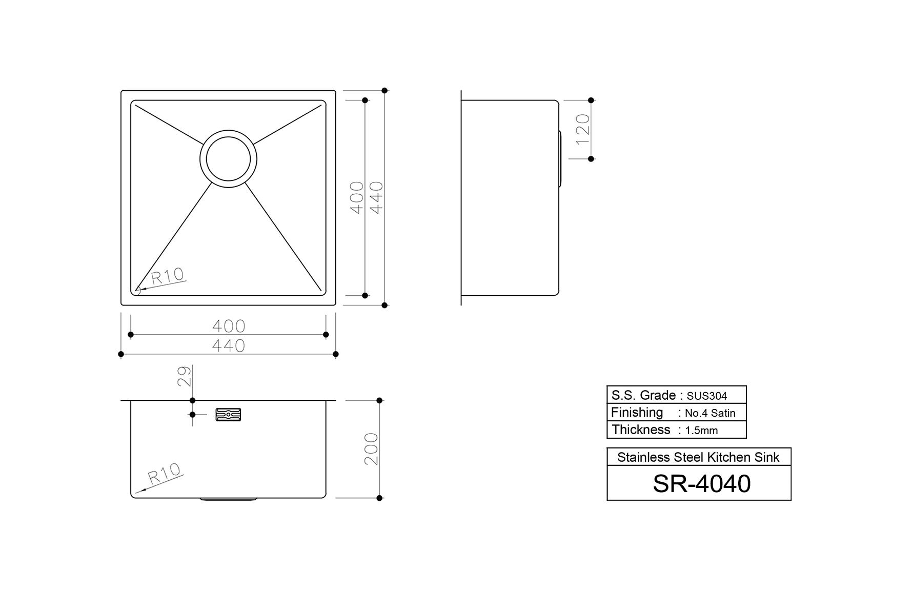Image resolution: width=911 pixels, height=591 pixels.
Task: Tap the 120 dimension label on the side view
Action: pyautogui.click(x=583, y=129)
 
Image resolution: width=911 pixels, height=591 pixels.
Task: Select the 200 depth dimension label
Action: pyautogui.click(x=371, y=449)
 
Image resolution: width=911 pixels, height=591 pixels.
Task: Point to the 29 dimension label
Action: pyautogui.click(x=186, y=376)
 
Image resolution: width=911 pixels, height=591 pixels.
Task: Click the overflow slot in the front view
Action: pyautogui.click(x=229, y=414)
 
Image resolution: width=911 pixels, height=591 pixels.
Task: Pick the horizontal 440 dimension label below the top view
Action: pyautogui.click(x=229, y=346)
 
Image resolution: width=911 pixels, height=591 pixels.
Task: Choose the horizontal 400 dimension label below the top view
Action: pyautogui.click(x=229, y=326)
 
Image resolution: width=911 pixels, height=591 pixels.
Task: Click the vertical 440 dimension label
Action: pyautogui.click(x=376, y=197)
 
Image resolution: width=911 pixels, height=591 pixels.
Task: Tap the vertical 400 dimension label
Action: pyautogui.click(x=356, y=197)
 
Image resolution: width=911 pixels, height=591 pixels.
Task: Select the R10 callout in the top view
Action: pyautogui.click(x=167, y=276)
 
